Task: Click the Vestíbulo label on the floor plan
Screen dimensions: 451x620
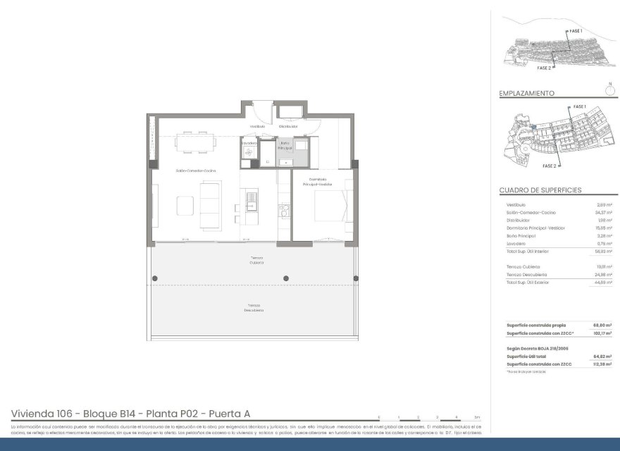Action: (256, 126)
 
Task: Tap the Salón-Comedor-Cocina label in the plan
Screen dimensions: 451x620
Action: (196, 171)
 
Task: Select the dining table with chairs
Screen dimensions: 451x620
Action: (195, 143)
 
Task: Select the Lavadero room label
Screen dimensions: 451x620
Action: (249, 142)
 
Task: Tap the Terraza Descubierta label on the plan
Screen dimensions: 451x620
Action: (254, 307)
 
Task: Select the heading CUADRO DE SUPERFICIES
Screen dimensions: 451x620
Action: (540, 190)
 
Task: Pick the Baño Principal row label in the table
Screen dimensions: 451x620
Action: (520, 235)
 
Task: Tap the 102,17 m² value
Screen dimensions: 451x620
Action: (604, 332)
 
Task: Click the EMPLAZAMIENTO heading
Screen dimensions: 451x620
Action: (526, 93)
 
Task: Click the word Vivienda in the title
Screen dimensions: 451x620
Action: (32, 414)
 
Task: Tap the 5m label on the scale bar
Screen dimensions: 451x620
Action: (478, 417)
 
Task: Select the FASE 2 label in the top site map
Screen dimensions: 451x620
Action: (543, 68)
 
